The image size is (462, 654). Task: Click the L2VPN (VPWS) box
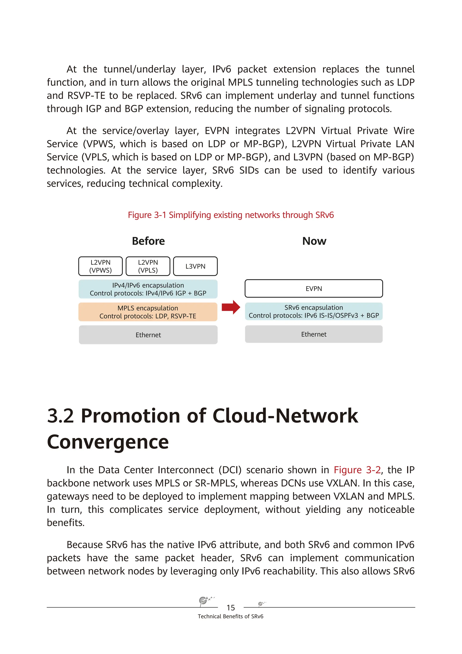coord(100,266)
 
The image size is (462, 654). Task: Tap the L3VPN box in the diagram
coord(195,266)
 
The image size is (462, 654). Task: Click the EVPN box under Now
coord(314,288)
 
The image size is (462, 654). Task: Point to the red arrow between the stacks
coord(231,307)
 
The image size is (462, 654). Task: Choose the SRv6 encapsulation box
coord(314,311)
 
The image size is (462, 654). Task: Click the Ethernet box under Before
coord(148,335)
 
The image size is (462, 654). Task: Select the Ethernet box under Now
coord(314,334)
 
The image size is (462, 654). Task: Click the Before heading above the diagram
coord(148,241)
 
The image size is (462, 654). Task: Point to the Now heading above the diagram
coord(314,241)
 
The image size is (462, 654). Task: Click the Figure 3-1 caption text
coord(231,215)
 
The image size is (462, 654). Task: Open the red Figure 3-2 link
coord(357,470)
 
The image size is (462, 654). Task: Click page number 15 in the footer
coord(231,608)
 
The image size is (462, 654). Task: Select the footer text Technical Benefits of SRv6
coord(231,616)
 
